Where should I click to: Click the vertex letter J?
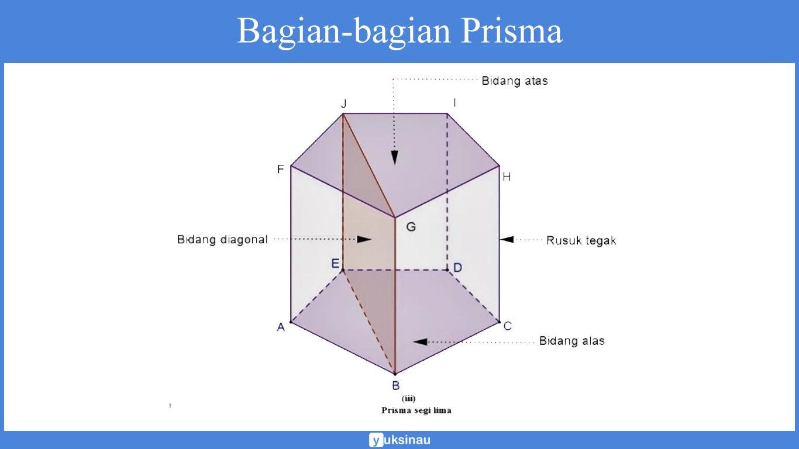point(344,103)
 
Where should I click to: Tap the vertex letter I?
point(454,103)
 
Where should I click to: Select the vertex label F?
point(280,170)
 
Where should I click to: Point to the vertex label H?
point(507,177)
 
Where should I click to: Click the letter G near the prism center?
point(411,227)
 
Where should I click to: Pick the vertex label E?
point(335,264)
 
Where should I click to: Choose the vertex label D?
point(457,268)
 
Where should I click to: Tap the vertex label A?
point(281,327)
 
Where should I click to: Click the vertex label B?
point(395,385)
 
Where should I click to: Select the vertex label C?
point(508,326)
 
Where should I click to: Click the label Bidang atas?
point(515,81)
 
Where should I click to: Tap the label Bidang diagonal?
point(222,240)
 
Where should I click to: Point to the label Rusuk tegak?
point(581,240)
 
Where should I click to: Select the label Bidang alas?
point(571,341)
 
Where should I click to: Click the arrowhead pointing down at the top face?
point(394,157)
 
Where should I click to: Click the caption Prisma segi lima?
point(416,410)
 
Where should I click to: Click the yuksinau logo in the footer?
point(399,440)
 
